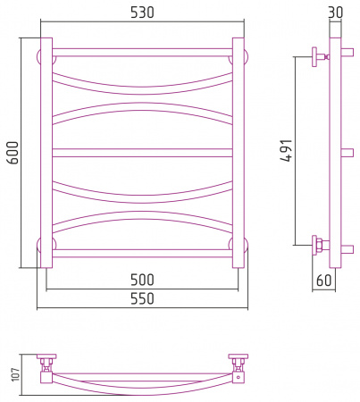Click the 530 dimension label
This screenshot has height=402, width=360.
142,13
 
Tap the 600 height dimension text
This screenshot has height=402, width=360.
13,153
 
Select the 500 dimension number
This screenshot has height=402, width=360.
142,280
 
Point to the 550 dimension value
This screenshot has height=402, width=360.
142,298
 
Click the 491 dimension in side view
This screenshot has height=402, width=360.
287,151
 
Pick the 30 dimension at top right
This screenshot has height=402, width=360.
336,13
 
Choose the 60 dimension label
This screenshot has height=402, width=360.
323,281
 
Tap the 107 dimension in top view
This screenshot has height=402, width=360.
15,374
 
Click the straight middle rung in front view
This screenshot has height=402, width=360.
142,153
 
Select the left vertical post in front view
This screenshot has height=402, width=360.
46,153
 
